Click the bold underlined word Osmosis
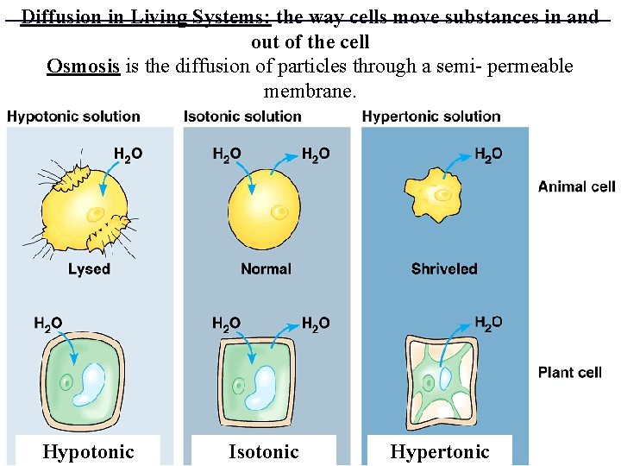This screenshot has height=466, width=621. tap(83, 66)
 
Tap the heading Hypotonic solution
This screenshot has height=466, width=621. tap(73, 116)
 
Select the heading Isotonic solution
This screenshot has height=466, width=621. tap(242, 116)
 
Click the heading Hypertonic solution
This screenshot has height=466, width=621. tap(431, 116)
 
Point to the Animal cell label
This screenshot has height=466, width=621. tap(576, 186)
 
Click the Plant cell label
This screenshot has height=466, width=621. tap(570, 373)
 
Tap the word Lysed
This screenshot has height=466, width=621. tap(89, 269)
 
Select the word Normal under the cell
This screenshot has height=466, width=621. tap(266, 269)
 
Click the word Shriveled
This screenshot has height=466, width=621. tap(444, 269)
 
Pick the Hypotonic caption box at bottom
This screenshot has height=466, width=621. tap(88, 451)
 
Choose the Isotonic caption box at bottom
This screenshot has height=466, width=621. tap(263, 451)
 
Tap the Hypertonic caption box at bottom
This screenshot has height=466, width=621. tap(439, 451)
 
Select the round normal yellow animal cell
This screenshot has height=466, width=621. tap(264, 208)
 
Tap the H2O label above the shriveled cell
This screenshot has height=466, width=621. tap(488, 154)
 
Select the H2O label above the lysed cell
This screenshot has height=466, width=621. tap(129, 154)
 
